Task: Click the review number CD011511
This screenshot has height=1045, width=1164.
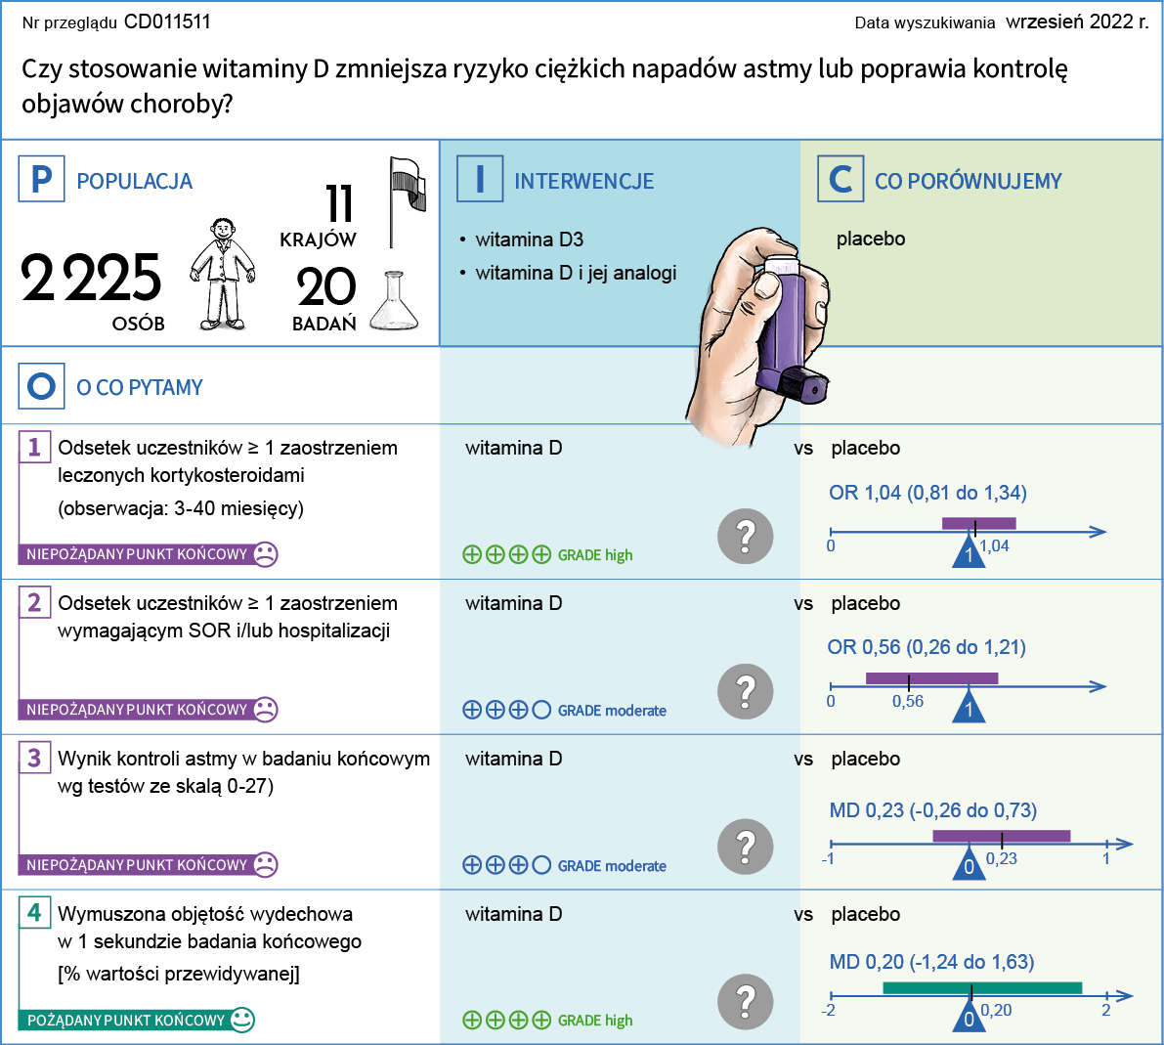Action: click(x=167, y=22)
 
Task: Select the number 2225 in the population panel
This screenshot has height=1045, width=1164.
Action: click(x=91, y=279)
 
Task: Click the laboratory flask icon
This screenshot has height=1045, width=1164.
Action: click(x=394, y=302)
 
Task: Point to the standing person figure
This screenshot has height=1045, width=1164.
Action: click(x=223, y=274)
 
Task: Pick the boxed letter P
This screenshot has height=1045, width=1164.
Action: click(x=41, y=180)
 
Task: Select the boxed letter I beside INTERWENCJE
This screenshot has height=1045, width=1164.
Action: click(x=480, y=180)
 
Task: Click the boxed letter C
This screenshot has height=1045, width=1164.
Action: click(x=841, y=180)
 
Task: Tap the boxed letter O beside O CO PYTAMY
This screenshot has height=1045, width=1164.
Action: click(x=41, y=387)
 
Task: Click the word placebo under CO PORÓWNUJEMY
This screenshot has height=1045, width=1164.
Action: click(x=871, y=239)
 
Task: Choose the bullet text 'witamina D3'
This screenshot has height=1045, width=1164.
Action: click(x=529, y=239)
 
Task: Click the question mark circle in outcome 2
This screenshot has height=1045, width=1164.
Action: click(x=745, y=691)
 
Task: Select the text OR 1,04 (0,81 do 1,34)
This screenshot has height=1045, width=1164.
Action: click(x=927, y=493)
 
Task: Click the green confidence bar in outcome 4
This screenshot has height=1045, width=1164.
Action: click(x=982, y=988)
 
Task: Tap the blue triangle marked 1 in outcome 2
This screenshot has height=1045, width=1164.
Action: click(x=969, y=707)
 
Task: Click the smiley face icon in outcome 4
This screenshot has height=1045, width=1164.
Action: click(x=242, y=1020)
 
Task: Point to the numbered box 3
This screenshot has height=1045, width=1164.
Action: click(x=34, y=758)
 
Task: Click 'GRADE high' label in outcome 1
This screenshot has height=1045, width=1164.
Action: click(x=595, y=555)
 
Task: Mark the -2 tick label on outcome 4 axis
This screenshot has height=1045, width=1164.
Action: click(x=829, y=1010)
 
